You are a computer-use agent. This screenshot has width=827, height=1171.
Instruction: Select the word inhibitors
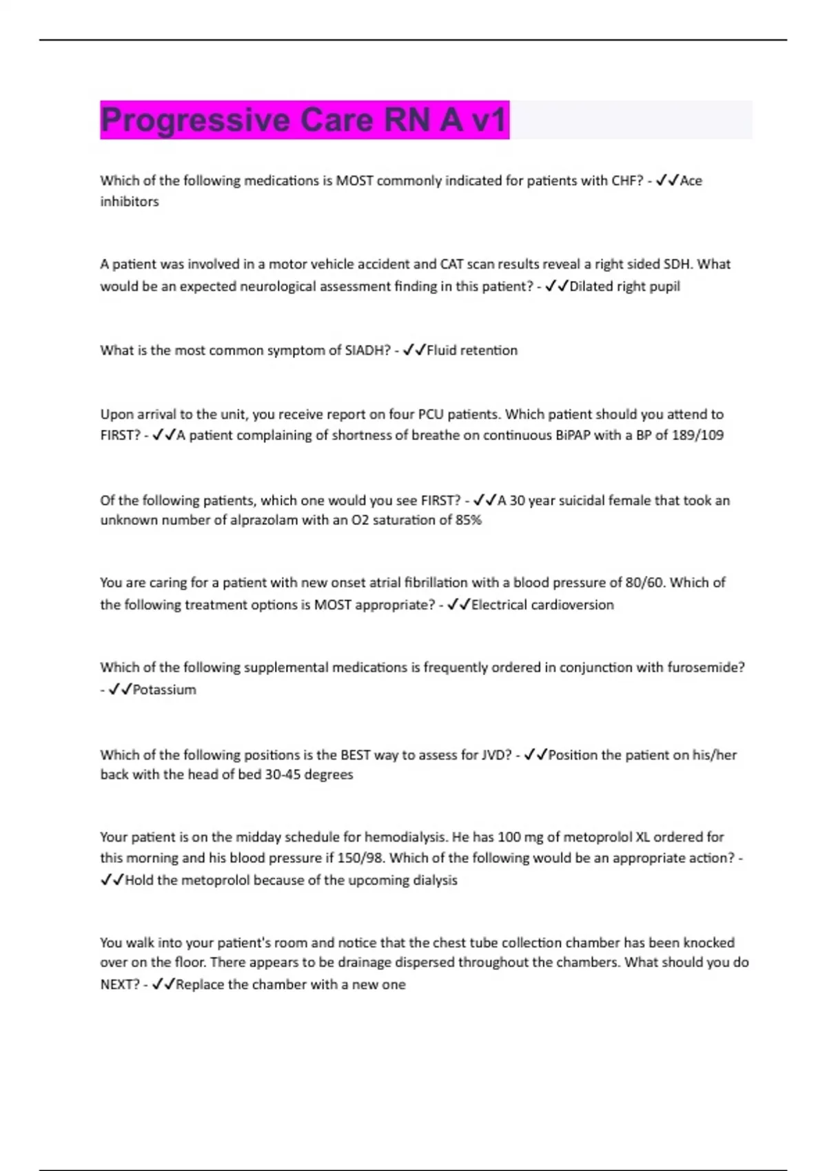(130, 202)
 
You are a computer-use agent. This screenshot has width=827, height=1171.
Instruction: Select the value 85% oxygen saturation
(468, 521)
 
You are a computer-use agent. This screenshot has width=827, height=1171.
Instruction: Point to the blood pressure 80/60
(644, 583)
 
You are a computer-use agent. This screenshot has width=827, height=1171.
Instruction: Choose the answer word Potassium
(164, 690)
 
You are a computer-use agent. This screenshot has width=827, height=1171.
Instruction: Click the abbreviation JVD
(496, 755)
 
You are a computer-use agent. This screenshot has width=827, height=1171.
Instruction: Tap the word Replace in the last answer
(200, 985)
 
